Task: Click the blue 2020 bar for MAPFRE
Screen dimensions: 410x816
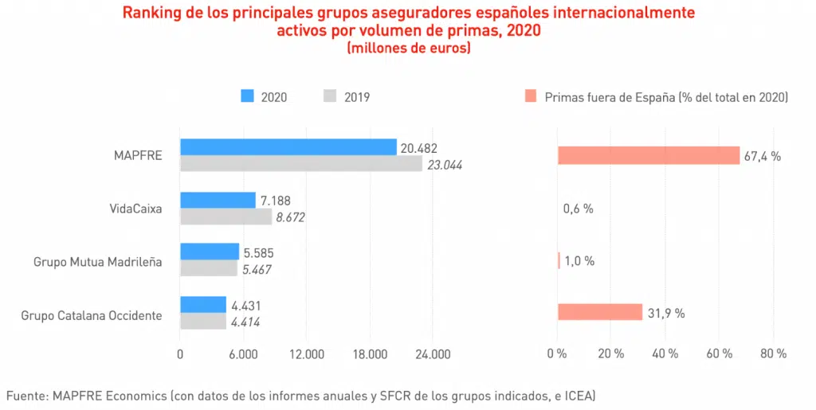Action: (288, 147)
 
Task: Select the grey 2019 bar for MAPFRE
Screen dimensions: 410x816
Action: (300, 164)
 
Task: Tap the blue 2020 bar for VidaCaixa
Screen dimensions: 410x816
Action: (218, 200)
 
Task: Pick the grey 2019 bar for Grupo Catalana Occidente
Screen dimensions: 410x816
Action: (202, 322)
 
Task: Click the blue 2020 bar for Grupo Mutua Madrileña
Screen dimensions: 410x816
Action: (209, 252)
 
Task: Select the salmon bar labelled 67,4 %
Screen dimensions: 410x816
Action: (648, 155)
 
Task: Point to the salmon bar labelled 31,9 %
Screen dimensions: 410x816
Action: (599, 312)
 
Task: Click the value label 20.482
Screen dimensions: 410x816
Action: (419, 148)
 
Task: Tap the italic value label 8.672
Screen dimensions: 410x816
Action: (290, 217)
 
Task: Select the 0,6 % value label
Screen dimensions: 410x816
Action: (578, 209)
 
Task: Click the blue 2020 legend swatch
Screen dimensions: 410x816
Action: (246, 96)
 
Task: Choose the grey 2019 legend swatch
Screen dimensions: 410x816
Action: (330, 96)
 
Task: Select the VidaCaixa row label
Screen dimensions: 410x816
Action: (135, 209)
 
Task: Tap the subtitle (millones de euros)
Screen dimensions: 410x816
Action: (408, 49)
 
